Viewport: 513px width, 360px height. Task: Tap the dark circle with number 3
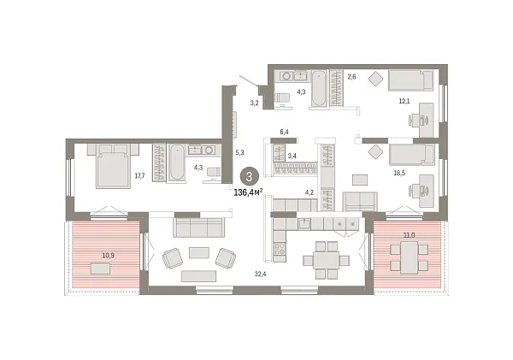click(249, 176)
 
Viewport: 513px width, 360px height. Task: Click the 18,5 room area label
click(398, 173)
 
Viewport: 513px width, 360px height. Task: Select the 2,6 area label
click(351, 77)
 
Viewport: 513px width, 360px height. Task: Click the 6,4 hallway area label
click(284, 132)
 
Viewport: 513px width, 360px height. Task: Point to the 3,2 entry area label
click(254, 103)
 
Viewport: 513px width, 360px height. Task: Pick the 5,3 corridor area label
click(239, 153)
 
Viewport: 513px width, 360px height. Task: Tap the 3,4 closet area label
click(292, 156)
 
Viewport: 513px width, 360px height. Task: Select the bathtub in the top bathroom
click(318, 88)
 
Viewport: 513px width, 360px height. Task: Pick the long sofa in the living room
click(199, 226)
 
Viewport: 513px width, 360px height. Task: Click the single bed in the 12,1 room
click(410, 80)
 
